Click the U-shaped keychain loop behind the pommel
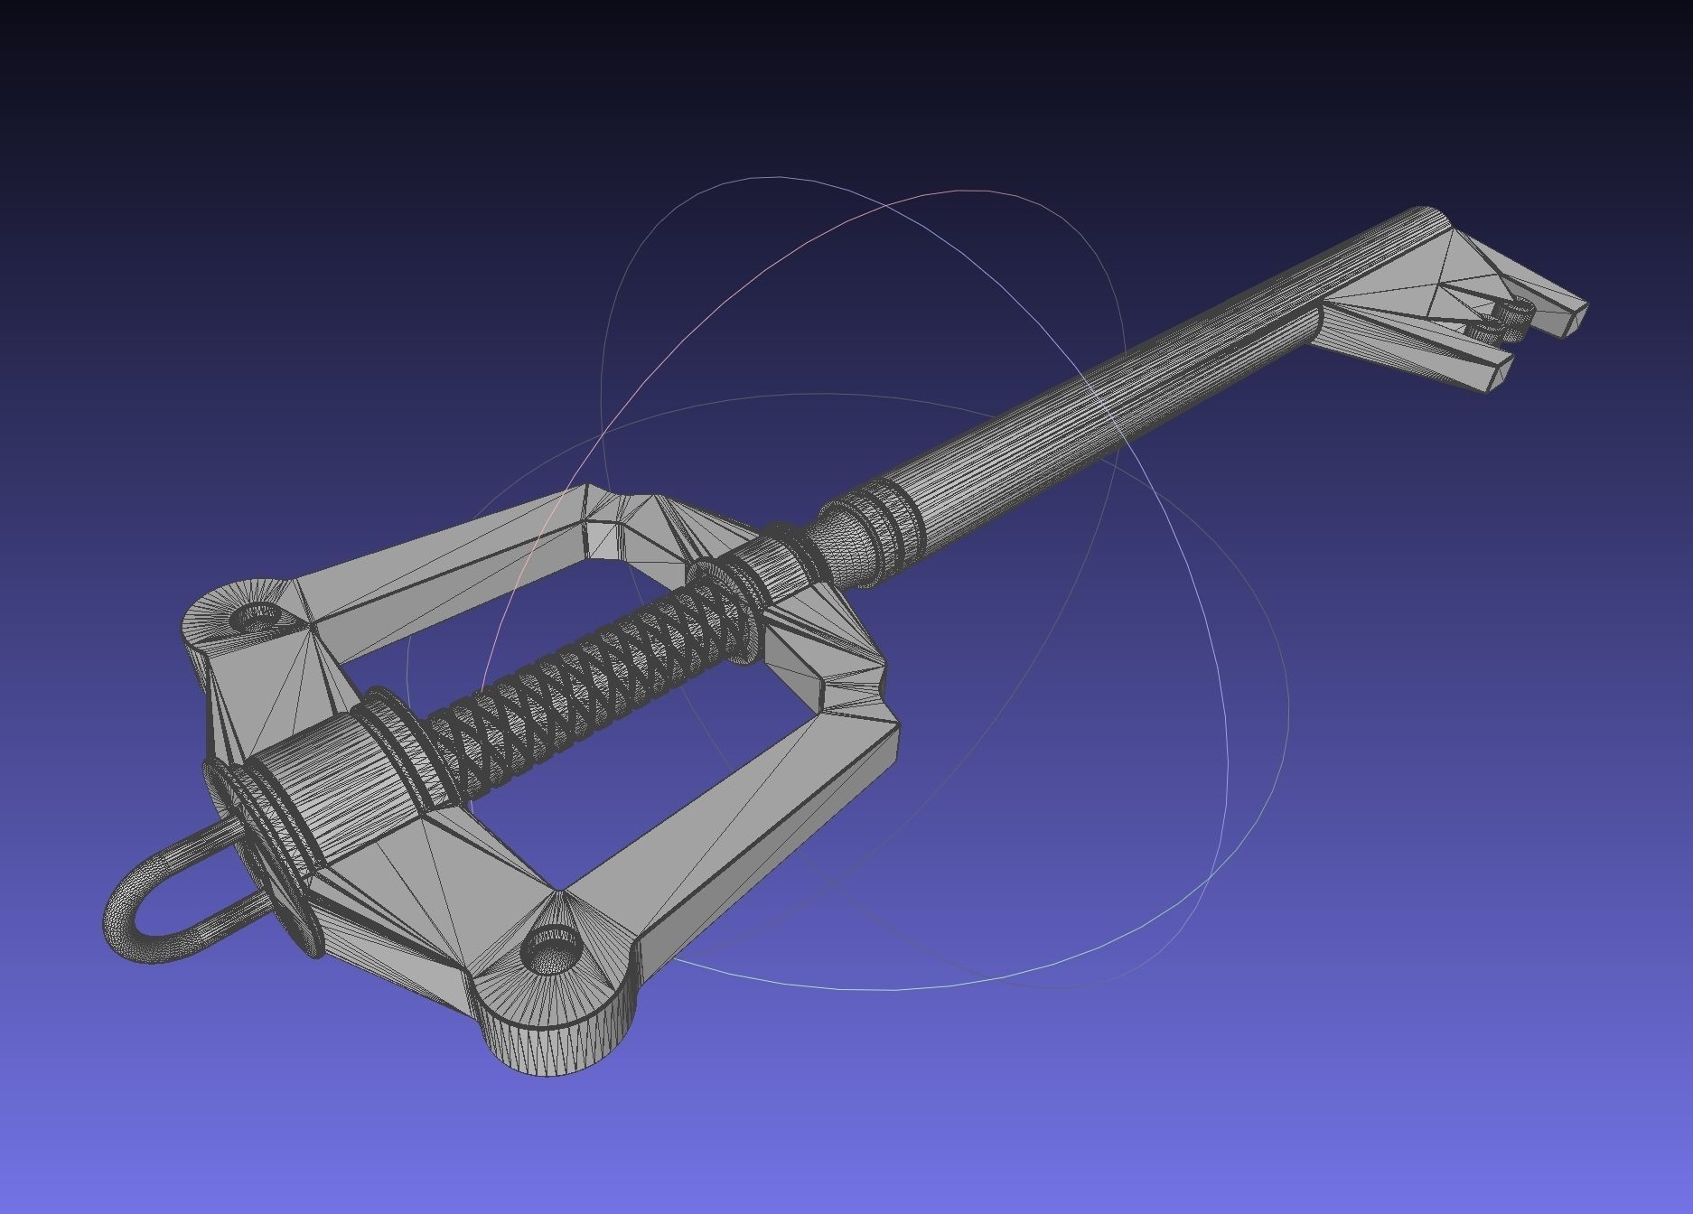[x=136, y=903]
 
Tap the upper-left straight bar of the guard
[x=434, y=560]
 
